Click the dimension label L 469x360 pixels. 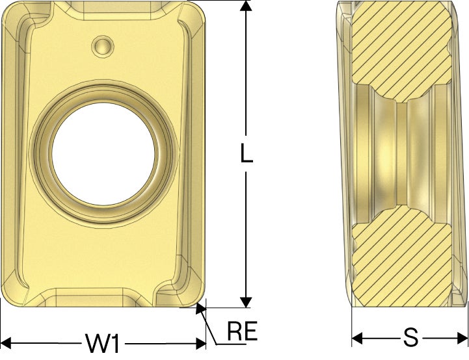coord(247,153)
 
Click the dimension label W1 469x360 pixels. coord(103,343)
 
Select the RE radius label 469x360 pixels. coord(242,331)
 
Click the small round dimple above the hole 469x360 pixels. coord(103,46)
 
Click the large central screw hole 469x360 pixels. coord(103,154)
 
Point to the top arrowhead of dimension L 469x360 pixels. coord(246,6)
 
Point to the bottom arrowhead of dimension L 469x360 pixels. coord(246,302)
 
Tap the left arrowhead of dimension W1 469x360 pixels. coord(6,343)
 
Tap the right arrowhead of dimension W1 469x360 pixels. coord(201,343)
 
